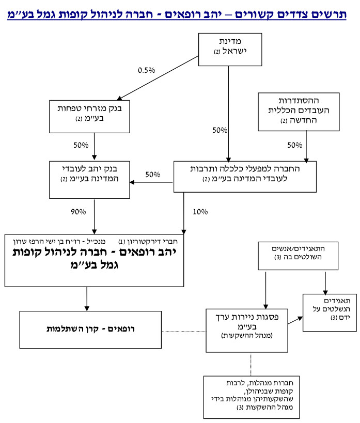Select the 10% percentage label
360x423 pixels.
coord(200,211)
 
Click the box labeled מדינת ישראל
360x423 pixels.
coord(228,49)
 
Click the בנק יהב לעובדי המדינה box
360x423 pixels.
coord(90,179)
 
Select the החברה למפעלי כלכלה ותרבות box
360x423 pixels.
coord(244,176)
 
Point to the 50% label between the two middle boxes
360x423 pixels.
coord(153,175)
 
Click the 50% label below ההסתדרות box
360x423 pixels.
coord(295,145)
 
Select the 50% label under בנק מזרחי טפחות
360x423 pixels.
coord(81,145)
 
